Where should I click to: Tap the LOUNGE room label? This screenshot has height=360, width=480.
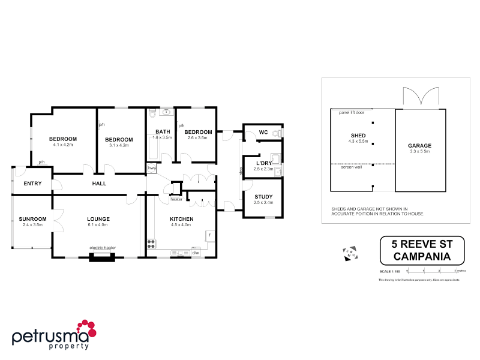[98, 218]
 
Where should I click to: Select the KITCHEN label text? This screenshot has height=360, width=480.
[181, 218]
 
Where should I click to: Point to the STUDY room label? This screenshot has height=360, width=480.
[263, 196]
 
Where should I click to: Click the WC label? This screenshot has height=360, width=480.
[263, 132]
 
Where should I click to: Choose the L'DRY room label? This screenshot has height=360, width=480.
[264, 163]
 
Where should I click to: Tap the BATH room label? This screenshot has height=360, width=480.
[163, 132]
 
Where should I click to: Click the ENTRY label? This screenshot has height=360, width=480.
[32, 183]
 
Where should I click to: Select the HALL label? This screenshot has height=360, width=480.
[99, 183]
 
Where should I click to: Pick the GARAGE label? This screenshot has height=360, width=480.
[419, 146]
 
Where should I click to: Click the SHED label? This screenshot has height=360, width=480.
[358, 136]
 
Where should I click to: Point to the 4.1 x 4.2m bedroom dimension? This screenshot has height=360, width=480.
[63, 145]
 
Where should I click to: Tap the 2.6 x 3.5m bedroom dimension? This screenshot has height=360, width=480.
[197, 137]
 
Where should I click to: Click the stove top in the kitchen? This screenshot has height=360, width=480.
[151, 244]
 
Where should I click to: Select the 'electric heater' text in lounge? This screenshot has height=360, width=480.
[102, 247]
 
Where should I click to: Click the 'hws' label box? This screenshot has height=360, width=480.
[152, 169]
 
